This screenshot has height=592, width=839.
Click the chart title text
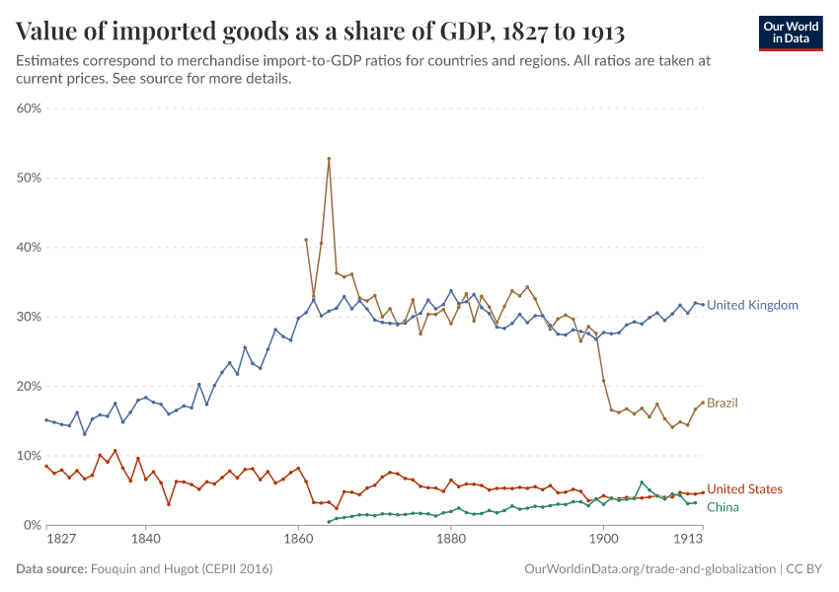click(321, 32)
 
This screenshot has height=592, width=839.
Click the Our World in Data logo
click(790, 33)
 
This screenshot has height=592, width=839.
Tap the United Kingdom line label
click(752, 305)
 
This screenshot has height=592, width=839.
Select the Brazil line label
click(723, 403)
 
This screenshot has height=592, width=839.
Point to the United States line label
click(744, 489)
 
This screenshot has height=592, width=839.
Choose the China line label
click(723, 507)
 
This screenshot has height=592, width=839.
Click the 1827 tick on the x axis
click(61, 541)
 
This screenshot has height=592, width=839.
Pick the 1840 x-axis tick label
click(145, 541)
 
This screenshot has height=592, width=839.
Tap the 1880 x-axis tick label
click(451, 541)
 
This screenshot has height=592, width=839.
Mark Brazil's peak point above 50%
click(329, 159)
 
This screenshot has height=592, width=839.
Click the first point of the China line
click(329, 522)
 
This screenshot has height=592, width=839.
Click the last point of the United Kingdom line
click(703, 304)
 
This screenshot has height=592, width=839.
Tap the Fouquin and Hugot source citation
click(183, 569)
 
